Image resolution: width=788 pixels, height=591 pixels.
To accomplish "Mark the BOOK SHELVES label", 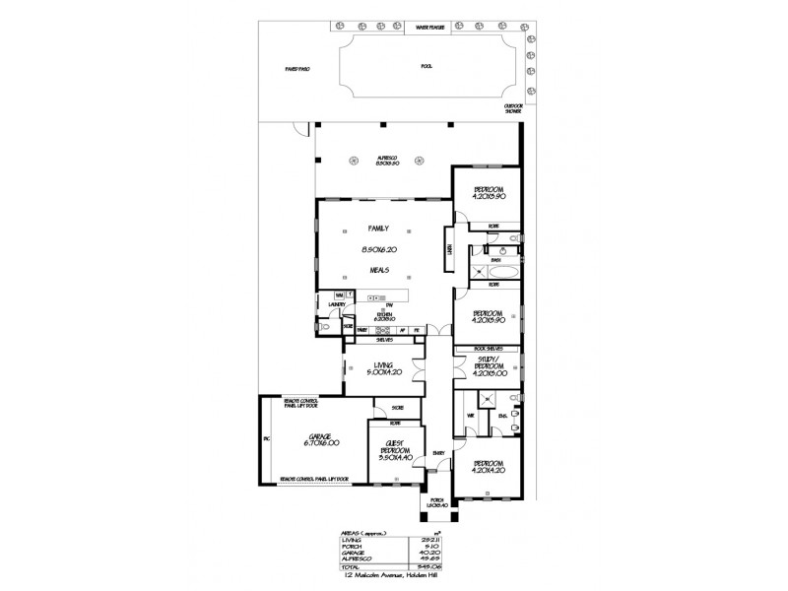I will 489,349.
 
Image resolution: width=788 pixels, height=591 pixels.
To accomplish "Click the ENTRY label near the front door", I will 438,453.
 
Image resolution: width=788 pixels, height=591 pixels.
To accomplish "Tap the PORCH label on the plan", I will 437,501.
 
